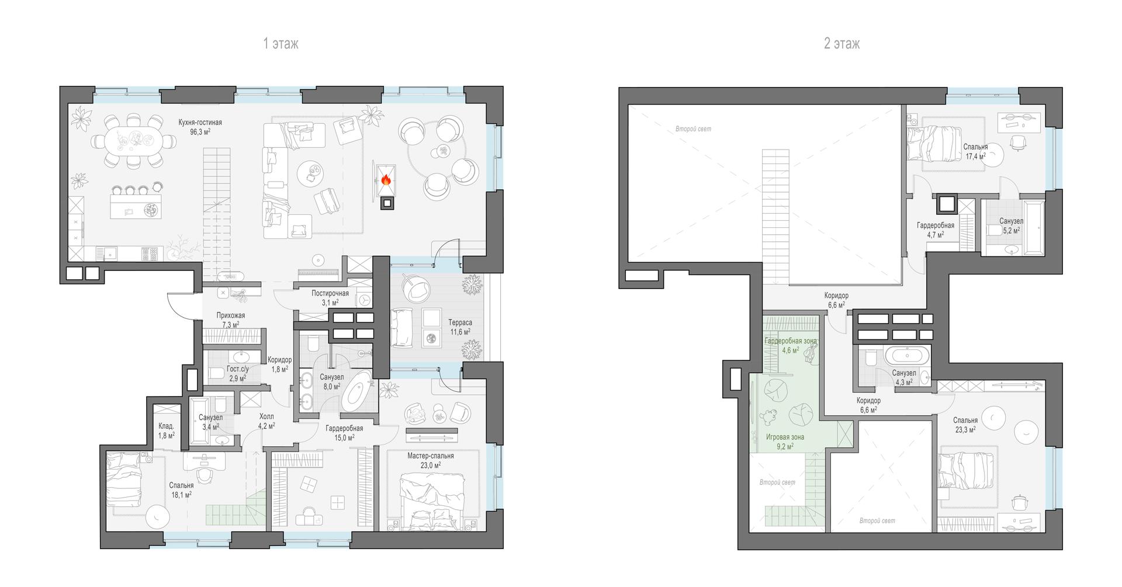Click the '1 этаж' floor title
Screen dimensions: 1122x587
[280, 44]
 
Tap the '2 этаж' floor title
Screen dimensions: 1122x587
[841, 44]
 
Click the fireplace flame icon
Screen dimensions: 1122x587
[386, 179]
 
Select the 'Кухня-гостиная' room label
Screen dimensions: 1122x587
[200, 123]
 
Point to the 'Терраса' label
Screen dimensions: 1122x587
[460, 322]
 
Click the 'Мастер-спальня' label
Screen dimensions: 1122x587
[431, 456]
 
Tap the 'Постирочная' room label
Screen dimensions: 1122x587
[330, 293]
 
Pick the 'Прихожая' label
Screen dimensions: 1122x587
[231, 315]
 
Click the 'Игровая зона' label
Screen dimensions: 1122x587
[784, 437]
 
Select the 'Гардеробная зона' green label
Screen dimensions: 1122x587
[791, 341]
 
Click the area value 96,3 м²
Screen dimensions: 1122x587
[200, 132]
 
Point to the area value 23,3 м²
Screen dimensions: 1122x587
[965, 430]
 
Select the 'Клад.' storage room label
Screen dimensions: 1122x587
[167, 426]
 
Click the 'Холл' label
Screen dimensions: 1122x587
[266, 416]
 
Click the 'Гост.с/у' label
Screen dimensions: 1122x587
[238, 369]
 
